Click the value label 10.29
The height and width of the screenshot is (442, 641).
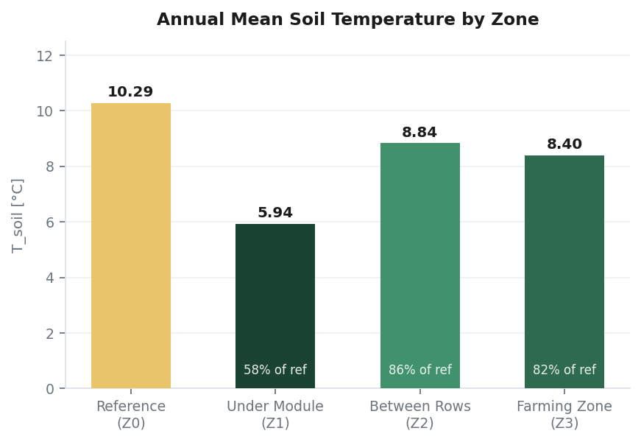(x=130, y=92)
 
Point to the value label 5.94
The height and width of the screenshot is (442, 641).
(x=275, y=213)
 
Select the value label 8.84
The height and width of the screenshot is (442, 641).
(x=419, y=133)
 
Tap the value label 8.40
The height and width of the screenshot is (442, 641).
(x=564, y=144)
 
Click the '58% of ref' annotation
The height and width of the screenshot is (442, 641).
(x=275, y=371)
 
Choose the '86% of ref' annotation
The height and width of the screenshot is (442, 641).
(x=419, y=371)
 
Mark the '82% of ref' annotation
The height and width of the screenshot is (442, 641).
(x=564, y=371)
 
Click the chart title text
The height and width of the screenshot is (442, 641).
(x=347, y=20)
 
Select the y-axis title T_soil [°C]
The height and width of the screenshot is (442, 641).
(x=18, y=215)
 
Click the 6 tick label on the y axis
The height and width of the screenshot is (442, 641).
(x=49, y=222)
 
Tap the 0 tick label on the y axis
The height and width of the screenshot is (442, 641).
(x=49, y=389)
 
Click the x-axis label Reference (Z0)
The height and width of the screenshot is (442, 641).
(x=131, y=415)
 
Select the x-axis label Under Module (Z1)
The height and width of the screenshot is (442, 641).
(x=275, y=415)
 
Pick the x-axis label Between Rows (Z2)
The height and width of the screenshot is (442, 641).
(x=419, y=415)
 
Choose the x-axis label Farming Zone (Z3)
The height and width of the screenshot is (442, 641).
(x=564, y=415)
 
